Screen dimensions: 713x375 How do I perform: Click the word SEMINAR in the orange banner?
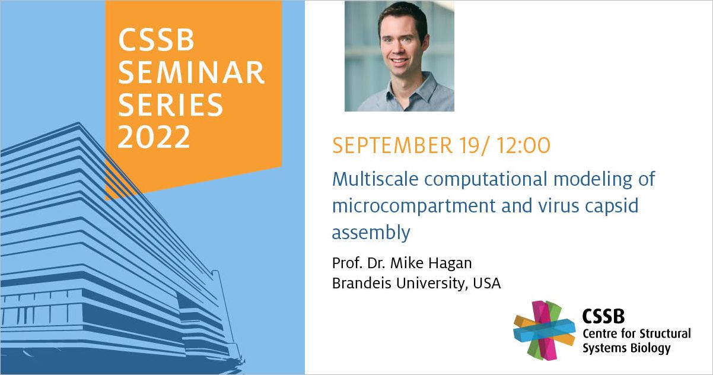192,72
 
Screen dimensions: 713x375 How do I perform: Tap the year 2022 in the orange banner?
154,136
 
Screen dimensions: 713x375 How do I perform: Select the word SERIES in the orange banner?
171,104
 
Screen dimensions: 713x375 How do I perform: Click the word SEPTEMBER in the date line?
392,145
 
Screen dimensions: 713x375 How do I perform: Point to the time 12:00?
523,145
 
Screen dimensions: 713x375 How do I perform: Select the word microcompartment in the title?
414,206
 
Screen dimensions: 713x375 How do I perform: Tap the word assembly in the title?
371,233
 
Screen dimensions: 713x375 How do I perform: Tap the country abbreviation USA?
486,283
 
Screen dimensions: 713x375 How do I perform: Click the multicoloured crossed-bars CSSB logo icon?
545,330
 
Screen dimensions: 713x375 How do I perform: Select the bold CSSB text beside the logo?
603,316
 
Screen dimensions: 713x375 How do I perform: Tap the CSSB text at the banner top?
156,40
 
